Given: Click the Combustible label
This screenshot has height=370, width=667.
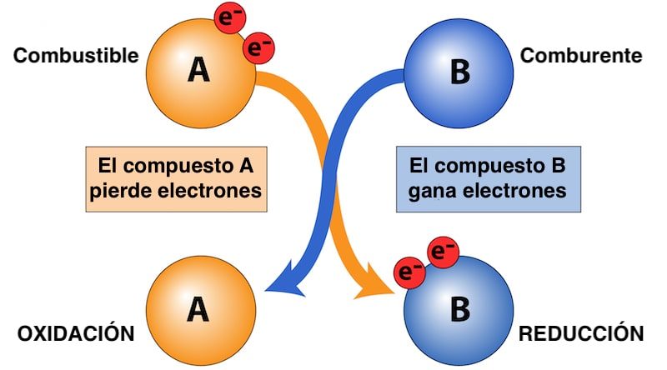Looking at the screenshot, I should (75, 57).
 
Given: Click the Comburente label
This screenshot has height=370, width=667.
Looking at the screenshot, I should (581, 57).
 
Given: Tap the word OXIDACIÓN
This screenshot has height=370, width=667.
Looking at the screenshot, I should (76, 334).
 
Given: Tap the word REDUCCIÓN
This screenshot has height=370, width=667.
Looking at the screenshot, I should (581, 334).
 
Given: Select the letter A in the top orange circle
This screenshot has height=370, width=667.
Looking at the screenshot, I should (198, 71).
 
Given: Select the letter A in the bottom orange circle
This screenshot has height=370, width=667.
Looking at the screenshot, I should (198, 309).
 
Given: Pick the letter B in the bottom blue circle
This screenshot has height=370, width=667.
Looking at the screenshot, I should (459, 309).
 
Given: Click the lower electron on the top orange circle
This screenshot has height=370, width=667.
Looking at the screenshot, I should (258, 47).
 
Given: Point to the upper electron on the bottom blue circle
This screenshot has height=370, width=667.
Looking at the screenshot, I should (442, 250).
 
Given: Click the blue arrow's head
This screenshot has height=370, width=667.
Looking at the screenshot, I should (280, 282).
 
